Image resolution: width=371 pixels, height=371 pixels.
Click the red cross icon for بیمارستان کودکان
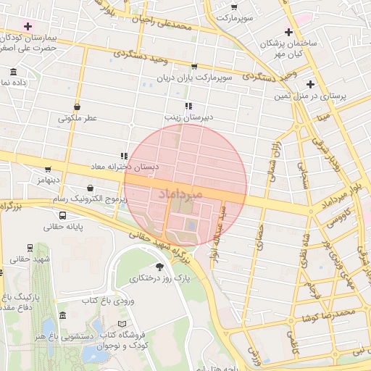pos(28,26)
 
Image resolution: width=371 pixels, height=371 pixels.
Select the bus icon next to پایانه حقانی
pos(63,215)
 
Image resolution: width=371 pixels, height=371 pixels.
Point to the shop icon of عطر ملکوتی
pos(76,107)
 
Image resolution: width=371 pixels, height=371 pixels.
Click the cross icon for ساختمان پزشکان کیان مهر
pos(289,32)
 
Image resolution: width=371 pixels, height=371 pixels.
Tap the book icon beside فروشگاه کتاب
pos(122,323)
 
